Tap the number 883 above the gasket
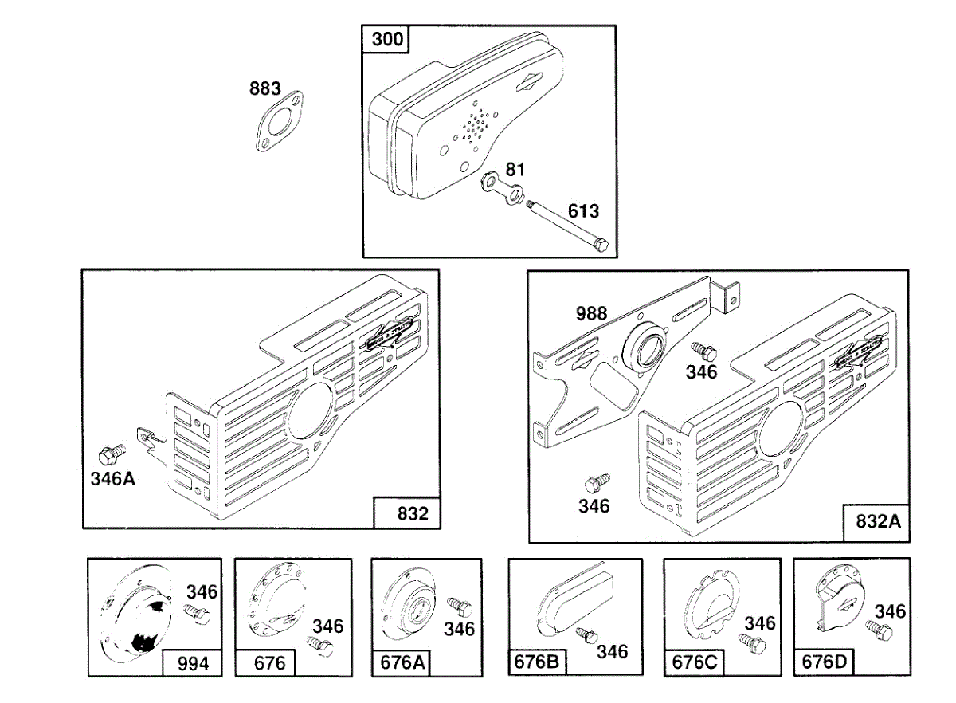tap(265, 89)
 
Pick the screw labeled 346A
tap(110, 454)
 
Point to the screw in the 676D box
tap(882, 630)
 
